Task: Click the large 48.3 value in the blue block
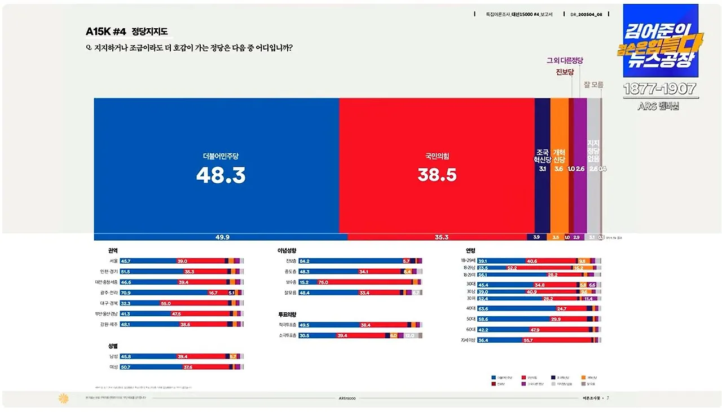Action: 221,176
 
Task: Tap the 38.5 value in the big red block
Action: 437,175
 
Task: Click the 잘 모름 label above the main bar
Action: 593,85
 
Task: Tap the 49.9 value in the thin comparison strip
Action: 222,237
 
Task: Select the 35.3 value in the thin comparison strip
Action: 441,237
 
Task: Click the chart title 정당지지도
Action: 149,32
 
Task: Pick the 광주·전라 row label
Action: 109,293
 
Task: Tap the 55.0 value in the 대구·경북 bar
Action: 166,303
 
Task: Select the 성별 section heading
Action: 113,345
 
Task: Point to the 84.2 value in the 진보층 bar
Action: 305,261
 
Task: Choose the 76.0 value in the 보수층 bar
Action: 323,282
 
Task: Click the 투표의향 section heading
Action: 287,314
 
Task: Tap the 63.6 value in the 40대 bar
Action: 483,309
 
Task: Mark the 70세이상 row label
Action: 468,340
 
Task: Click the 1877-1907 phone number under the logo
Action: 660,89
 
